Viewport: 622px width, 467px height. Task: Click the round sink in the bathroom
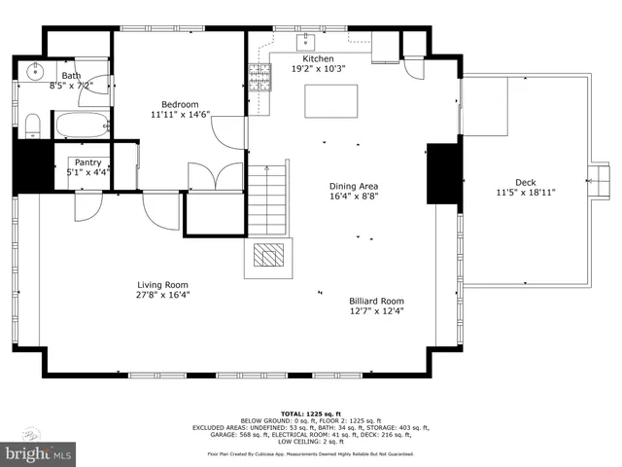tap(36, 71)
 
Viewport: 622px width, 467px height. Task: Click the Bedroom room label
tap(180, 105)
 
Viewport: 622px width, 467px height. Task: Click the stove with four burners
tap(259, 76)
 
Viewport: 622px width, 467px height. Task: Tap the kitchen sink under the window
tap(306, 42)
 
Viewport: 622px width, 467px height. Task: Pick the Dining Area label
tap(353, 186)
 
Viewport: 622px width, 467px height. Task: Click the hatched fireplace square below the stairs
tap(266, 255)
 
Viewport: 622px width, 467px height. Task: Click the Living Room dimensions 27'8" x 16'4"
tap(162, 295)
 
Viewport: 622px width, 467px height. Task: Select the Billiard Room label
tap(376, 301)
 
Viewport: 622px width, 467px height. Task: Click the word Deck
tap(525, 182)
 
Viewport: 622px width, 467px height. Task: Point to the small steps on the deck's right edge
tap(594, 178)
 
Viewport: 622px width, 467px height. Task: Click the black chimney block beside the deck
tap(442, 175)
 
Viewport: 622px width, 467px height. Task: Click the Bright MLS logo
tap(37, 453)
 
